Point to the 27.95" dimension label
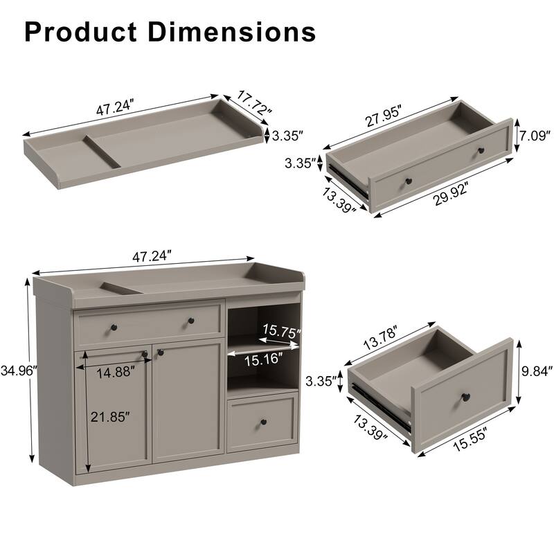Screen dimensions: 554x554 [x=384, y=115]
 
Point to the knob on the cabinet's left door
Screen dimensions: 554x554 [x=145, y=355]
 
